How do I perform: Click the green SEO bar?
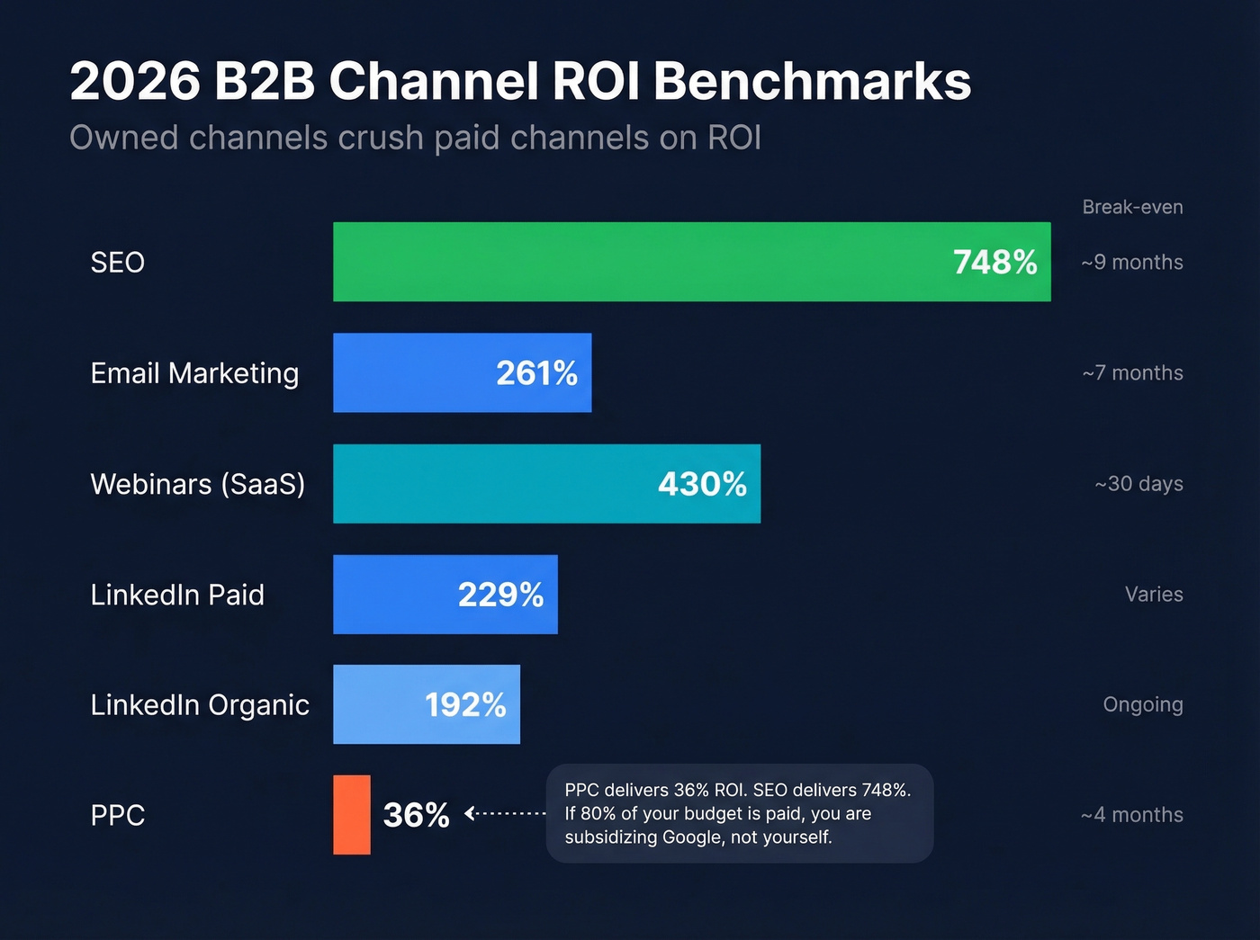(630, 262)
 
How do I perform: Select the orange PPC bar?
(351, 815)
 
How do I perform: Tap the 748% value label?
(994, 263)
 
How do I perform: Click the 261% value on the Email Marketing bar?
(536, 373)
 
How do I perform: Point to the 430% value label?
(702, 484)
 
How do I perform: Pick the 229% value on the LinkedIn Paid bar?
(500, 595)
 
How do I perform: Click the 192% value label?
(465, 705)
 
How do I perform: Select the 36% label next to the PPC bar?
(416, 816)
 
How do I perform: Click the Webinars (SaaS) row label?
(198, 484)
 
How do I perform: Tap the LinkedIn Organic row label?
(200, 705)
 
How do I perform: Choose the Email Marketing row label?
(194, 373)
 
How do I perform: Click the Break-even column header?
(1132, 207)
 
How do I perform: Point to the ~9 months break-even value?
(1132, 263)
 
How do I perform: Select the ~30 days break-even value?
(1138, 484)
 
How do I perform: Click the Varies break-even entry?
(1154, 595)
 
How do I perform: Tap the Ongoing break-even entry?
(1143, 705)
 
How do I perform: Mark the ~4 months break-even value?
(1132, 815)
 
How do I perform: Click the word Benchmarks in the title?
(812, 82)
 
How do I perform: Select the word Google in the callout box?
(693, 837)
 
